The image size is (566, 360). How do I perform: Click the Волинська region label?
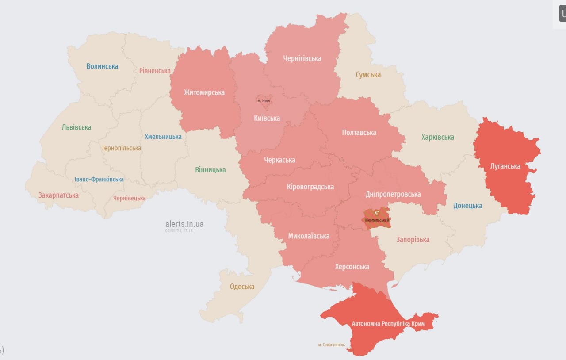pyautogui.click(x=102, y=66)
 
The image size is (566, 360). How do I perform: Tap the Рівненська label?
pyautogui.click(x=155, y=71)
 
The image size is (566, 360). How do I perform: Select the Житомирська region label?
pyautogui.click(x=204, y=92)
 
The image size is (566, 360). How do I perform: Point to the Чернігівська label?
pyautogui.click(x=302, y=58)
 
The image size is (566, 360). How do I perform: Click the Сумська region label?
pyautogui.click(x=368, y=75)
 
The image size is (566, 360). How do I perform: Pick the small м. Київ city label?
pyautogui.click(x=264, y=101)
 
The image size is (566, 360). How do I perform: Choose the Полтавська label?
pyautogui.click(x=359, y=133)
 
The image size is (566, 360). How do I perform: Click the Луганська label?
pyautogui.click(x=505, y=166)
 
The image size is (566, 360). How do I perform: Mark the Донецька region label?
pyautogui.click(x=468, y=206)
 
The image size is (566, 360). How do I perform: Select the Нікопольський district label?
pyautogui.click(x=377, y=220)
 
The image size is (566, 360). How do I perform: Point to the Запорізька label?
pyautogui.click(x=413, y=240)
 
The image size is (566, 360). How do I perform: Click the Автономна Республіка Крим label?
pyautogui.click(x=388, y=324)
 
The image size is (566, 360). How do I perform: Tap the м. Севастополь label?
pyautogui.click(x=332, y=345)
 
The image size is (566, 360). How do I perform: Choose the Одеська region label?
pyautogui.click(x=242, y=287)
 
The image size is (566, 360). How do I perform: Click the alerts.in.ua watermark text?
pyautogui.click(x=184, y=224)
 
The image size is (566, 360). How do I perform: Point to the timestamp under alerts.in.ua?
pyautogui.click(x=179, y=231)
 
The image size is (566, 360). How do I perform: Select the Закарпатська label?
pyautogui.click(x=58, y=195)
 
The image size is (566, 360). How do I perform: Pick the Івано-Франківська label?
pyautogui.click(x=99, y=179)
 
